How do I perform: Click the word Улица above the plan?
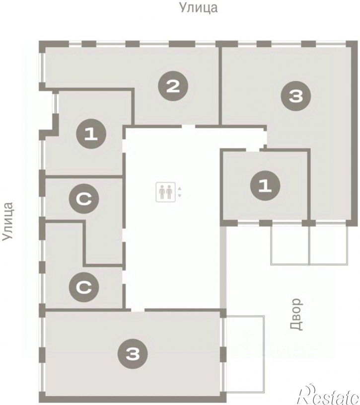[x=198, y=8]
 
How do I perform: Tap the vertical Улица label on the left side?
[x=8, y=221]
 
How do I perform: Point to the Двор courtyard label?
[x=296, y=315]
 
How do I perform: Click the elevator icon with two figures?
[x=165, y=192]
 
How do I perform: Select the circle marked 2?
[x=173, y=86]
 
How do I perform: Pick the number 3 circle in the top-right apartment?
[x=296, y=96]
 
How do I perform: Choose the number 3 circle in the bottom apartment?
[x=133, y=354]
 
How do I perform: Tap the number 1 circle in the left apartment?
[x=91, y=134]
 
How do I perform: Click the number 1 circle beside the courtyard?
[x=265, y=185]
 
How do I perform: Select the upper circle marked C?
[x=84, y=198]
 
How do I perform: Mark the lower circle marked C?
[x=84, y=287]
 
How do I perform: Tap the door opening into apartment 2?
[x=188, y=127]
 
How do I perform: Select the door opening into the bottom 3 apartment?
[x=138, y=310]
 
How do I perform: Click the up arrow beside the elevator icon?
[x=180, y=188]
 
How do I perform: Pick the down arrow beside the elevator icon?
[x=180, y=195]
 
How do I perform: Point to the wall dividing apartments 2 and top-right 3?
[x=220, y=86]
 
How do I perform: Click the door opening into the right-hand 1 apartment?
[x=252, y=150]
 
